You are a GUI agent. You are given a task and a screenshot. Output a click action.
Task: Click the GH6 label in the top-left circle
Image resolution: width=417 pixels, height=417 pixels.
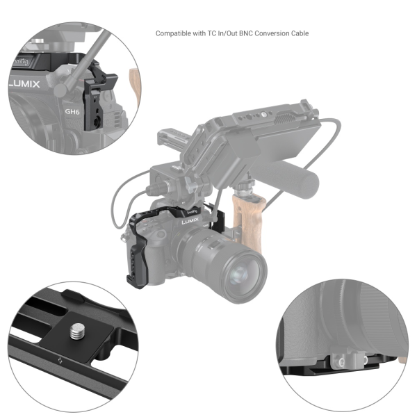(x=72, y=112)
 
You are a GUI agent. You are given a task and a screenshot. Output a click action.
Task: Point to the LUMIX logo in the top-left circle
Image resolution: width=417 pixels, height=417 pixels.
(x=24, y=84)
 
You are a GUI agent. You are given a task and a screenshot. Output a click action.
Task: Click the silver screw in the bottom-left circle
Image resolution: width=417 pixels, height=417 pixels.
(x=77, y=331)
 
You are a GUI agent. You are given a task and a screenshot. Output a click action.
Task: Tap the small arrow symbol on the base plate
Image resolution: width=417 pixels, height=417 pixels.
(x=60, y=361)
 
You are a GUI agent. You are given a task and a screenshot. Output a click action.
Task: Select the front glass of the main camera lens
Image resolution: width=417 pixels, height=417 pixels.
(x=240, y=275)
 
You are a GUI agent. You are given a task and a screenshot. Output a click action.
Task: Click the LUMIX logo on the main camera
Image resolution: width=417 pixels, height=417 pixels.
(x=190, y=221)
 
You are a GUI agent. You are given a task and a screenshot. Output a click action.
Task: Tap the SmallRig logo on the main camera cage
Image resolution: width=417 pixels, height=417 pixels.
(x=193, y=212)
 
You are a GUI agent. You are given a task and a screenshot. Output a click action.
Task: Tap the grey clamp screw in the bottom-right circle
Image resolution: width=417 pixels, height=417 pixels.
(x=341, y=361)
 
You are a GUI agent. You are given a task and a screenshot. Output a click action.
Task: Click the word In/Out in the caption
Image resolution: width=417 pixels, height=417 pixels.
(x=227, y=33)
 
